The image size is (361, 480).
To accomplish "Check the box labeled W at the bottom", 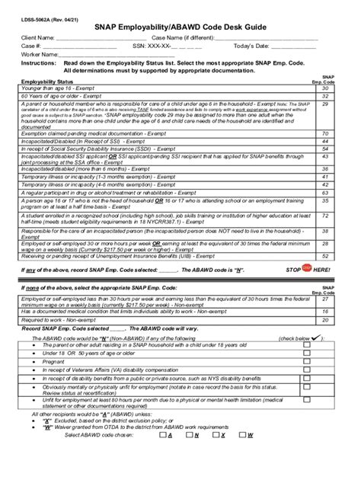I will [242, 456].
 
